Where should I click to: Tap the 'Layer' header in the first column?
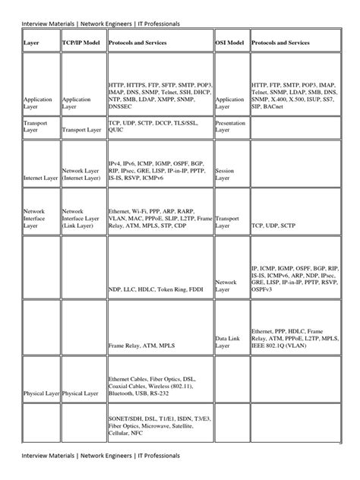(x=31, y=43)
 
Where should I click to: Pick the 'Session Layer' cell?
(x=226, y=175)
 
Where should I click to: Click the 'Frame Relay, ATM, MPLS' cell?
(x=140, y=346)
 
